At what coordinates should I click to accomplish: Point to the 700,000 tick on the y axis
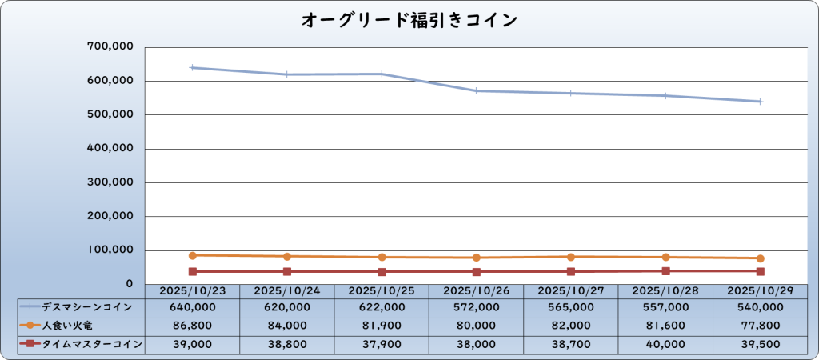tap(109, 47)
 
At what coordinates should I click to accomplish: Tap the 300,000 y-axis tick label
tap(109, 182)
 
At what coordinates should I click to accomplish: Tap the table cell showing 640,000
tap(193, 306)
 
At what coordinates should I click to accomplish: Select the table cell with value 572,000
tap(476, 306)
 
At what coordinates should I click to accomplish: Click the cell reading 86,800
tap(193, 326)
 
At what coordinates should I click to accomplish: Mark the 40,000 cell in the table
tap(665, 344)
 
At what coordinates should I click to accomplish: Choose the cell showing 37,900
tap(382, 344)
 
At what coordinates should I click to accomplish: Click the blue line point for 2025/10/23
tap(193, 68)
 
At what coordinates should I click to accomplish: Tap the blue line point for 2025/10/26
tap(476, 90)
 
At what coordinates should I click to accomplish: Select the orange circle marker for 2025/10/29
tap(759, 258)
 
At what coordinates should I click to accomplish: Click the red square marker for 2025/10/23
tap(193, 271)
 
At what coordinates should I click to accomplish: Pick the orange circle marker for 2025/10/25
tap(382, 257)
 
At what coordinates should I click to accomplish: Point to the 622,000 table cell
tap(382, 306)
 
